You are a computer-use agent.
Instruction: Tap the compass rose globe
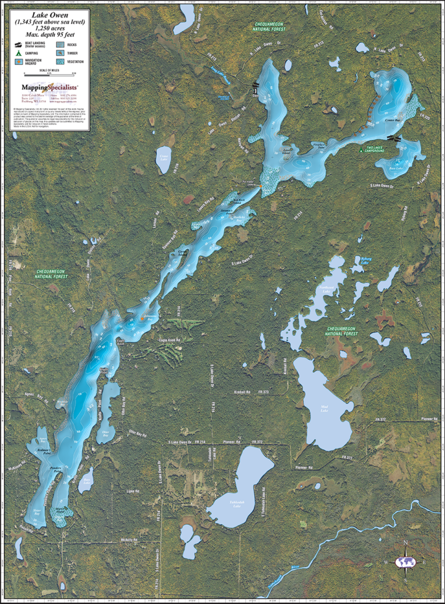click(x=404, y=562)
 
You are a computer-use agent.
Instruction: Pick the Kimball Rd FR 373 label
click(x=254, y=392)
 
